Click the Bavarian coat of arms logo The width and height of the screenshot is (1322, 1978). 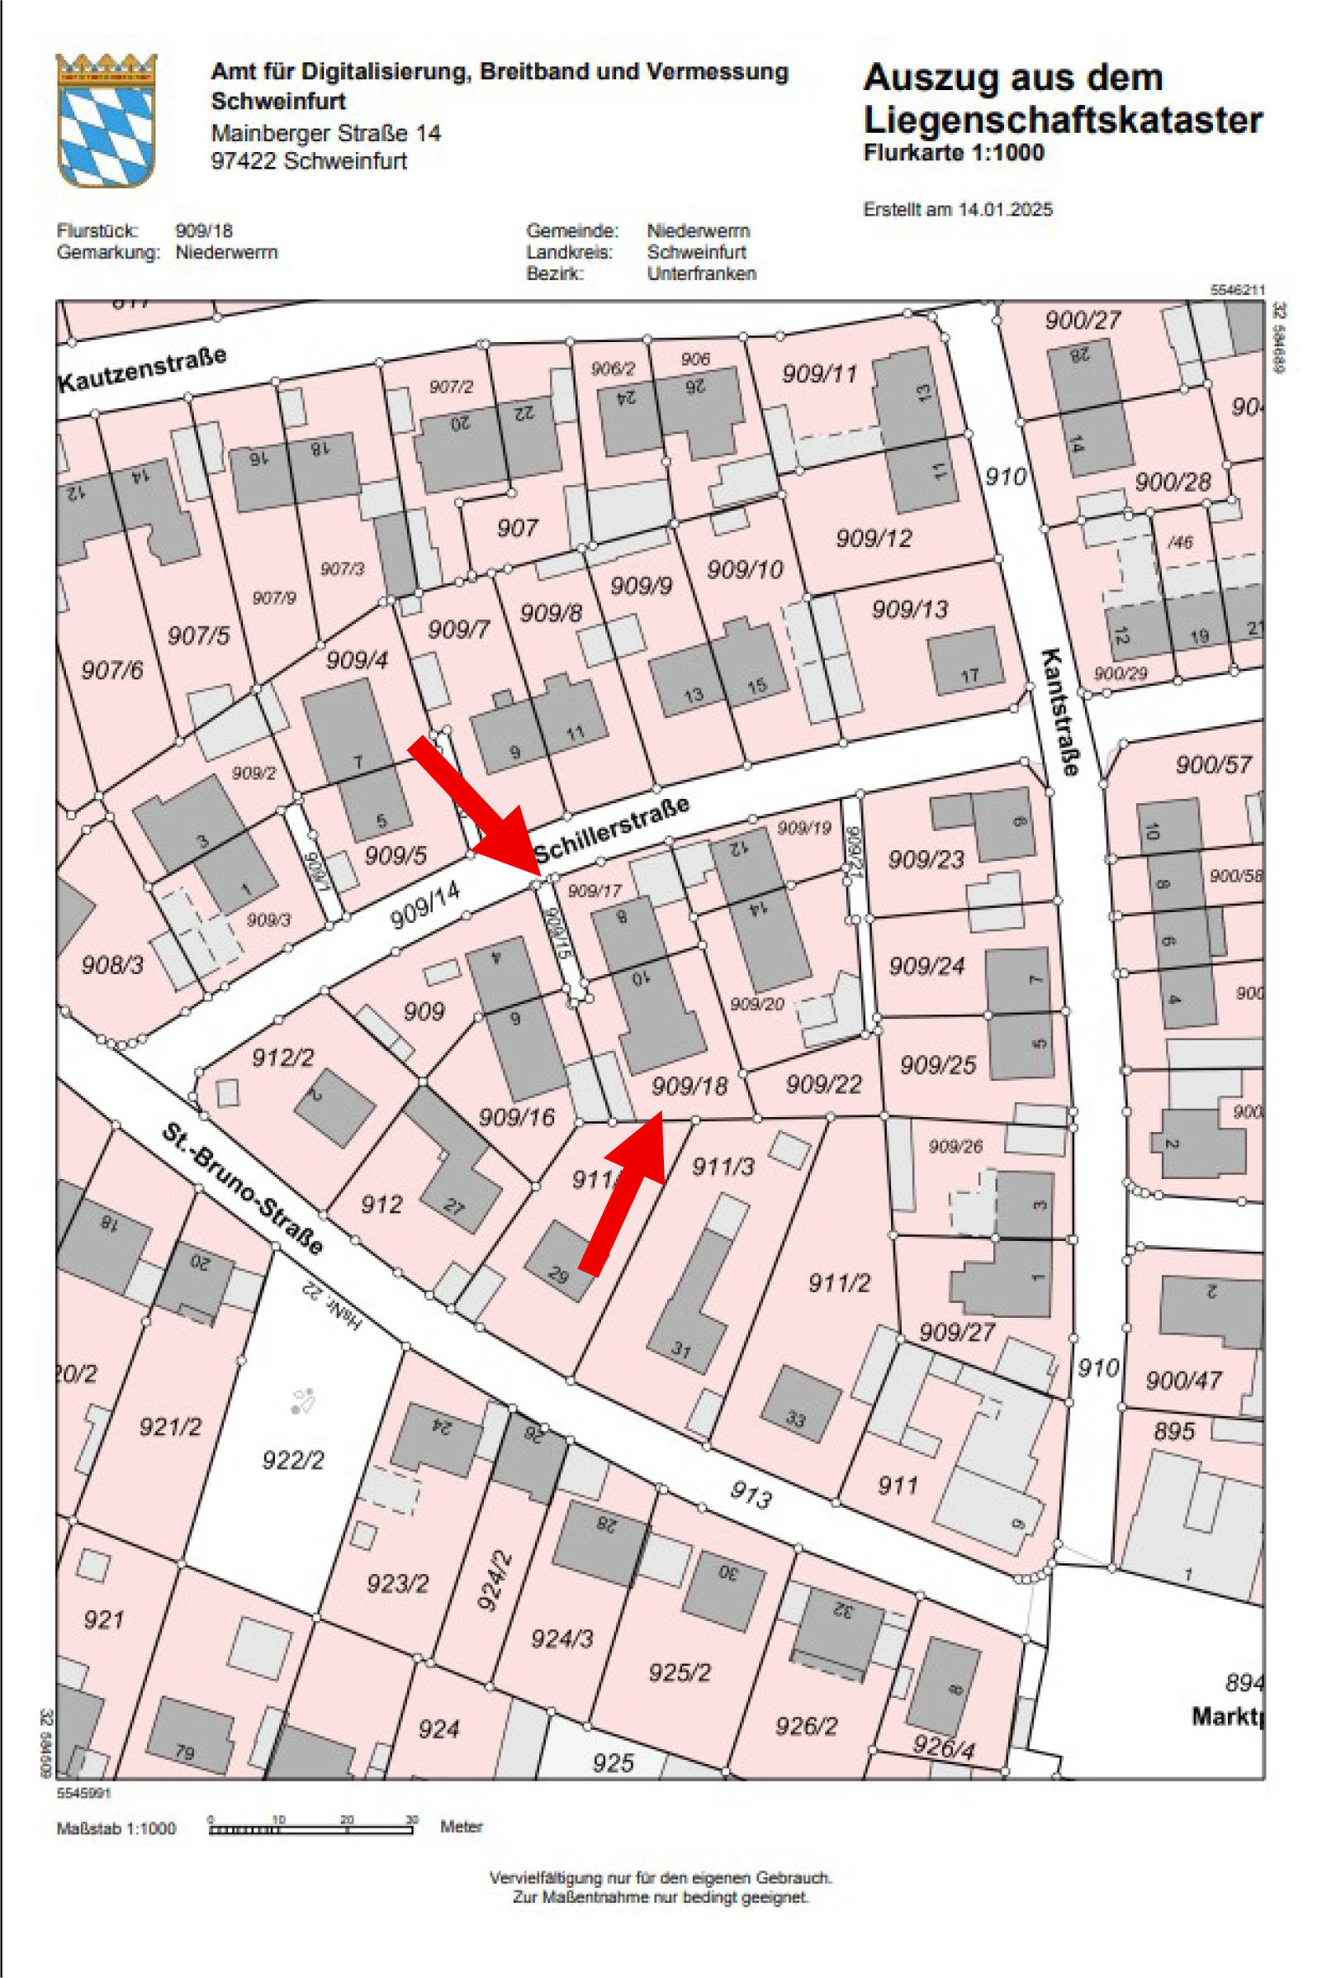(x=107, y=120)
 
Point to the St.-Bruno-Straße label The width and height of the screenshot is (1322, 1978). (x=242, y=1189)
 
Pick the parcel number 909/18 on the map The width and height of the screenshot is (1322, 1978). (x=689, y=1086)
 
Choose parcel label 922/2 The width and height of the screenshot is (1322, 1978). (x=292, y=1459)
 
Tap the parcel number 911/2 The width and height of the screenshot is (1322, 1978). (x=839, y=1283)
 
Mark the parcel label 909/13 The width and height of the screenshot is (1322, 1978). (x=910, y=609)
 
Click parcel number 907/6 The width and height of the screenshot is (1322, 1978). (x=112, y=671)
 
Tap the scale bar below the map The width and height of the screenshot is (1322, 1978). (x=311, y=1828)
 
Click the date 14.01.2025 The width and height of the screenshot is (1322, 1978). (x=1005, y=210)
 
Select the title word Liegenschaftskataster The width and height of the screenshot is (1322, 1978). (x=1063, y=120)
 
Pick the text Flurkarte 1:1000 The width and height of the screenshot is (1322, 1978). (x=954, y=153)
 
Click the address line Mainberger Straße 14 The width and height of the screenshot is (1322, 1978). (x=325, y=133)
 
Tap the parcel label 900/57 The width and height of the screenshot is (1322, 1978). (x=1213, y=765)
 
